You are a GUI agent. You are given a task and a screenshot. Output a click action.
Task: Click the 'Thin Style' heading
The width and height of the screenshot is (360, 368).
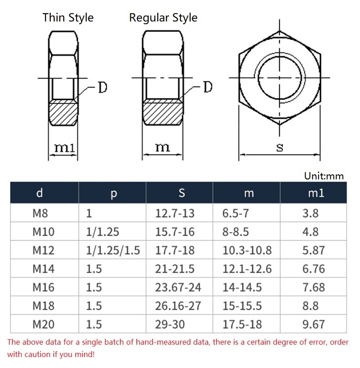tap(68, 18)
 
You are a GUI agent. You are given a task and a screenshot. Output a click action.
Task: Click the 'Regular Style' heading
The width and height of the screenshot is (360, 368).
tap(163, 18)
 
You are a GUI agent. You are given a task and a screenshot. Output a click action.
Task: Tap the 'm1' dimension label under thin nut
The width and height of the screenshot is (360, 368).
tap(64, 147)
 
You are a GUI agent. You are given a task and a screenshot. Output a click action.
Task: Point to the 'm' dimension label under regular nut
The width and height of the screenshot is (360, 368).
tap(162, 147)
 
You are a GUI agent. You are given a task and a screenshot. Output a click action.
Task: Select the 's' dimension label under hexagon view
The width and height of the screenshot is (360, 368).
tap(280, 147)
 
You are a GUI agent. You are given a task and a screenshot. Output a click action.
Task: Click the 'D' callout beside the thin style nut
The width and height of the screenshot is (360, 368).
tap(103, 87)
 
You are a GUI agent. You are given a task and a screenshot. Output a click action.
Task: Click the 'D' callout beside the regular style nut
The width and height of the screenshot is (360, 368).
tap(207, 87)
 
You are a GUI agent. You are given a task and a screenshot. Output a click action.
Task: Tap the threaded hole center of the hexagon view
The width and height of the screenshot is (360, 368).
tap(280, 78)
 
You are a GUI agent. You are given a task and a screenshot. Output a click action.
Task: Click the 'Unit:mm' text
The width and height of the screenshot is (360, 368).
tap(324, 176)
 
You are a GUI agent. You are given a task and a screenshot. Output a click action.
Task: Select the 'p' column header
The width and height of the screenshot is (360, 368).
tap(113, 193)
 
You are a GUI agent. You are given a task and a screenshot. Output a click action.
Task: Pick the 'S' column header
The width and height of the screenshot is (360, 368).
tap(181, 193)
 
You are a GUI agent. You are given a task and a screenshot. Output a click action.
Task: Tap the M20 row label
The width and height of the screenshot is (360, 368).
tap(43, 325)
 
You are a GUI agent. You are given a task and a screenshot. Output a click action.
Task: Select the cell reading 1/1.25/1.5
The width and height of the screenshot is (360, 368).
tap(113, 251)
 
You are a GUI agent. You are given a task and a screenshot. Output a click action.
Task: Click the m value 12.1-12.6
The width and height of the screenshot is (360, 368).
tap(247, 269)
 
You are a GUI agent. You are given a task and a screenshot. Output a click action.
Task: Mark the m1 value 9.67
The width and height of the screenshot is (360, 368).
tap(314, 325)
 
